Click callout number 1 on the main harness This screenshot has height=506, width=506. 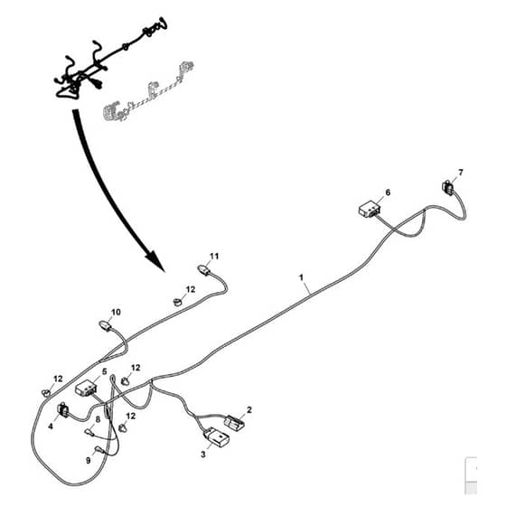[302, 277]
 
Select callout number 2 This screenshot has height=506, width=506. [248, 410]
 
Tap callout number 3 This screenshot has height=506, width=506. [203, 454]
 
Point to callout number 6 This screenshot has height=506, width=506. [388, 192]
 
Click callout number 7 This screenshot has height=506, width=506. [461, 173]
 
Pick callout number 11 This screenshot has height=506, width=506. [214, 256]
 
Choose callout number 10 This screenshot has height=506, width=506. [116, 312]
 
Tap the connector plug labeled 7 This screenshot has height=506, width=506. [447, 188]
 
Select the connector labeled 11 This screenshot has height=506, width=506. [203, 269]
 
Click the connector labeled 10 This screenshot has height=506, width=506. [105, 325]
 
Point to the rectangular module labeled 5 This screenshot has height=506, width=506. [86, 389]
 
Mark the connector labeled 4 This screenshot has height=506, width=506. [62, 410]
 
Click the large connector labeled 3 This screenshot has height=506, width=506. [217, 437]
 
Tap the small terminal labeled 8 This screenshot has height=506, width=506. [89, 431]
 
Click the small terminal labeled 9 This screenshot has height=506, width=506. [98, 449]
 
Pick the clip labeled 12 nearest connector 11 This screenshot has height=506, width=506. [177, 302]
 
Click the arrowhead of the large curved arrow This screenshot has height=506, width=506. [155, 260]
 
